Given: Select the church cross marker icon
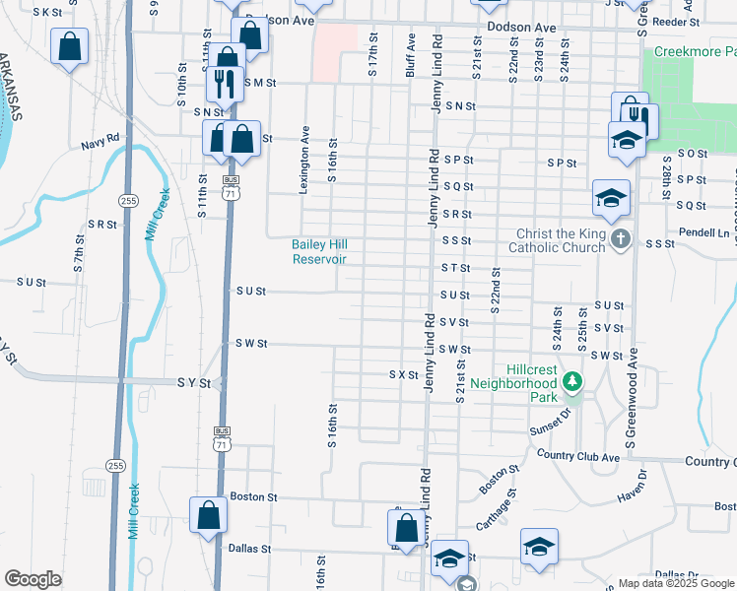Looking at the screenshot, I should coord(621,239).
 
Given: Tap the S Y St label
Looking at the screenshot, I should coord(194,381).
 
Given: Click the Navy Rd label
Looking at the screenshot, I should coord(100,144).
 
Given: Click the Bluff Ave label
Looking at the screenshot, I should coord(411,54).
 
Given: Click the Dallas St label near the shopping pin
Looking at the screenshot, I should coord(248,548).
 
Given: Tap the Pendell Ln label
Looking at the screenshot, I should coord(709,233).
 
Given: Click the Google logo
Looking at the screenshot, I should coord(33,579).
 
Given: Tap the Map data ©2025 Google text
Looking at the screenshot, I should coord(676,583).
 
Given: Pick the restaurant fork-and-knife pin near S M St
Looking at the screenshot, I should coord(227,83).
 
